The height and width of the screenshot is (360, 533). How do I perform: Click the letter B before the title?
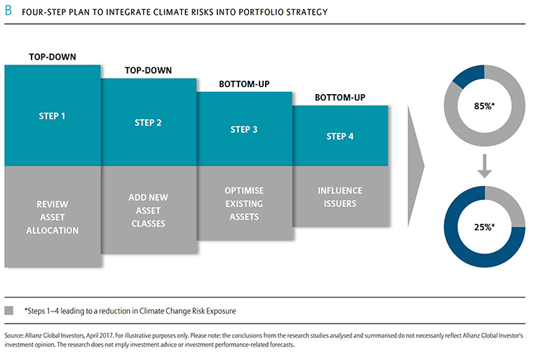click(8, 11)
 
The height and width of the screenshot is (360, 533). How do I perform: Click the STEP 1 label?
click(52, 116)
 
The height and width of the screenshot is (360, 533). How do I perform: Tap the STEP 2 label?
click(148, 123)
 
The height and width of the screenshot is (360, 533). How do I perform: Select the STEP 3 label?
click(244, 130)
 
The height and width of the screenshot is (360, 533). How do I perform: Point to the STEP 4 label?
click(340, 136)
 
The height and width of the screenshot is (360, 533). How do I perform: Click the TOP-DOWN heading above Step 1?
click(53, 57)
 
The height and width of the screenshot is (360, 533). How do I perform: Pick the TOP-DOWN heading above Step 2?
click(148, 70)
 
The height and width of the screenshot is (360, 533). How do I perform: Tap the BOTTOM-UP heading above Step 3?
click(244, 84)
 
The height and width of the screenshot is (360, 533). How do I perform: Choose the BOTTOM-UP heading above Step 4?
click(340, 98)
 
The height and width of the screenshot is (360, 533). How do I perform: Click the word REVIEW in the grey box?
click(53, 204)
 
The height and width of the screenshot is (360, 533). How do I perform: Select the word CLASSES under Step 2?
click(148, 224)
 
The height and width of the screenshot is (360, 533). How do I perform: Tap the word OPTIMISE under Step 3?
click(244, 191)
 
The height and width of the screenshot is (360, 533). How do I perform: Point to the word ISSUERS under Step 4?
click(340, 204)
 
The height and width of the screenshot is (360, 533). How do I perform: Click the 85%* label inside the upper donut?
click(485, 106)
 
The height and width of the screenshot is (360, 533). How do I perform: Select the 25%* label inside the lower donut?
click(485, 227)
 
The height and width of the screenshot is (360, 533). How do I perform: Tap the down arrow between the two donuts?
click(485, 166)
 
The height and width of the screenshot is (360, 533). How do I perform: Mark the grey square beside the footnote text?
click(9, 310)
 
